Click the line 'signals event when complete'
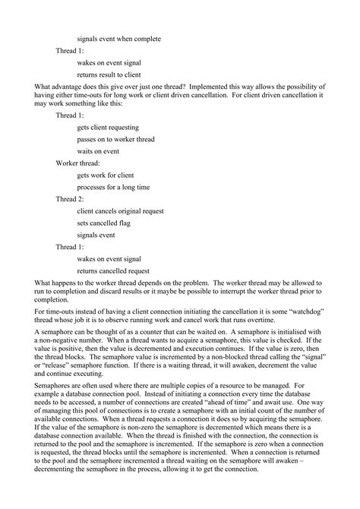(118, 38)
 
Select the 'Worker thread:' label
(77, 163)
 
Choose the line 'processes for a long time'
(113, 187)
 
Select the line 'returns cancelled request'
(113, 270)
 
